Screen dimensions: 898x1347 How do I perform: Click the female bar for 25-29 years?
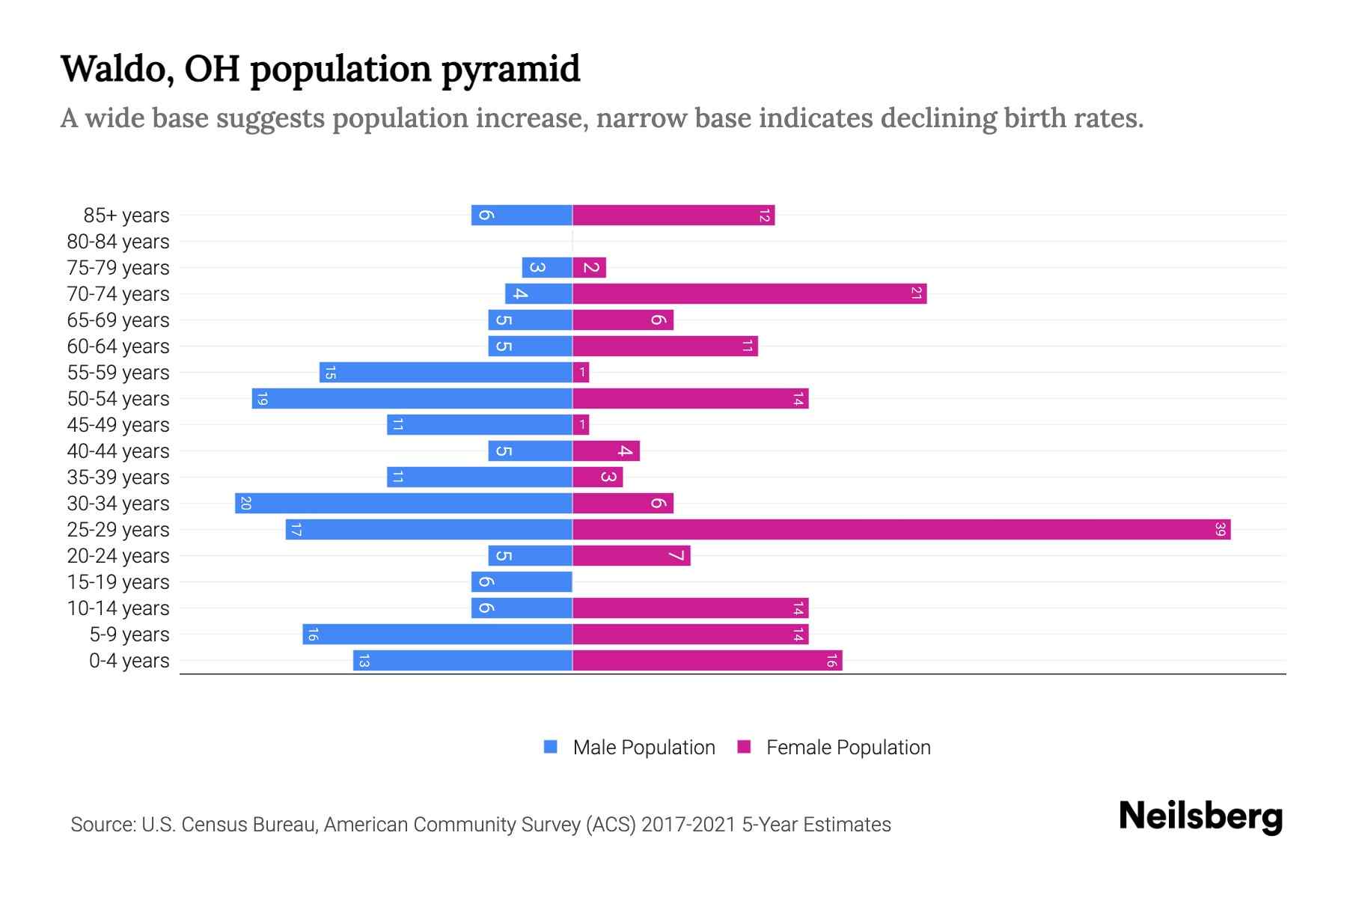tap(901, 530)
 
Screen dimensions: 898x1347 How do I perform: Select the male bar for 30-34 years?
tap(404, 504)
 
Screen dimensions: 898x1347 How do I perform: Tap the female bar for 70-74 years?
tap(748, 294)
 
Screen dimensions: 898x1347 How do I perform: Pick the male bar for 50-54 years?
tap(412, 399)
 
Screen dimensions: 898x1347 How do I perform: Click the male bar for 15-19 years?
tap(522, 582)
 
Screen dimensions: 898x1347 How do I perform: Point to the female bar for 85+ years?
tap(673, 216)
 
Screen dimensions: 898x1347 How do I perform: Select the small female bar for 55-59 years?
tap(581, 373)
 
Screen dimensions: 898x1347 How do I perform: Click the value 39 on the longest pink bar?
tap(1220, 530)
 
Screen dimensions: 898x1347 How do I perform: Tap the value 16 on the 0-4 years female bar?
tap(831, 661)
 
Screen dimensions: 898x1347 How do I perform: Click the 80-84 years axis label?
tap(118, 242)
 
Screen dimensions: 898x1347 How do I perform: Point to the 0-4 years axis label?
tap(129, 661)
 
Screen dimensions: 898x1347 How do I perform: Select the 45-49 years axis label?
tap(118, 425)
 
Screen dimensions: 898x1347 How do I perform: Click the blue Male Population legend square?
tap(551, 747)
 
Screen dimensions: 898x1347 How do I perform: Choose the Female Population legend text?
tap(848, 748)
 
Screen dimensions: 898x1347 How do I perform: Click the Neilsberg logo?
tap(1200, 816)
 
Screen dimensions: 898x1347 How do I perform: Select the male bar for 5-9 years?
tap(438, 635)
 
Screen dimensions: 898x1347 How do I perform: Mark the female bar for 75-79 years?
tap(589, 268)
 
